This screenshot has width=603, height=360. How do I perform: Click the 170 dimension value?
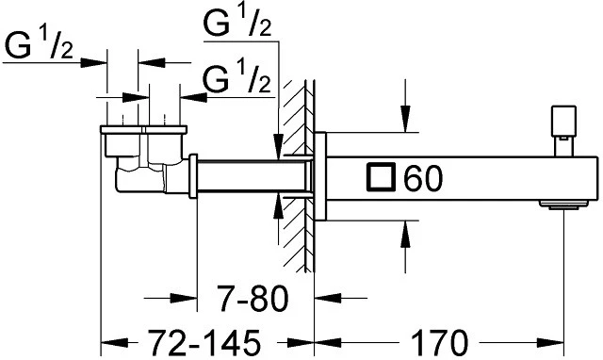[x=440, y=342]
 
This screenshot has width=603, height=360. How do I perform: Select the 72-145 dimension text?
[x=204, y=342]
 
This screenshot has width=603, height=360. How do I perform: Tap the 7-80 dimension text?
[x=253, y=298]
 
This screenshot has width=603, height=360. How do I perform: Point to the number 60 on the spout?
[x=423, y=178]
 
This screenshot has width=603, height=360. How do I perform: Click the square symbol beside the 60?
[x=381, y=177]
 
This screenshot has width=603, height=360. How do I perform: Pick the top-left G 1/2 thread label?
[x=38, y=45]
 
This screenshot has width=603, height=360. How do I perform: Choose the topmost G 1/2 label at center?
[x=236, y=22]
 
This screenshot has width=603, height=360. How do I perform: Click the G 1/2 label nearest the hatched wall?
[x=236, y=77]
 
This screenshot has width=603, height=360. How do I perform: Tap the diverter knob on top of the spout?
[x=563, y=131]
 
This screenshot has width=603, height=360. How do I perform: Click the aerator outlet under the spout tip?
[x=564, y=205]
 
